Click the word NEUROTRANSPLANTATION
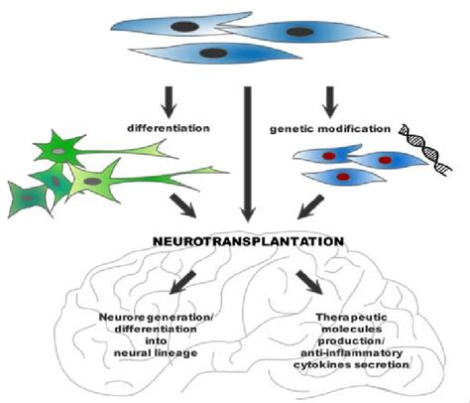pyautogui.click(x=249, y=241)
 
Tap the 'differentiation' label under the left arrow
pyautogui.click(x=169, y=128)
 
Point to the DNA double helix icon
pyautogui.click(x=424, y=148)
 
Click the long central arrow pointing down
pyautogui.click(x=247, y=154)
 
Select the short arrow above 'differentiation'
pyautogui.click(x=169, y=102)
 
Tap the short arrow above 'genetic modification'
pyautogui.click(x=329, y=102)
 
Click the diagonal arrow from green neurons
pyautogui.click(x=183, y=205)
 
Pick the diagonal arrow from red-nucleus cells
pyautogui.click(x=310, y=207)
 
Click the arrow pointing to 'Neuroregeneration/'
pyautogui.click(x=182, y=282)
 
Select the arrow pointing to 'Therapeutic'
pyautogui.click(x=309, y=282)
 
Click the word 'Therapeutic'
pyautogui.click(x=351, y=318)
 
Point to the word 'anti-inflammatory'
pyautogui.click(x=351, y=353)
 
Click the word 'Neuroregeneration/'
pyautogui.click(x=155, y=318)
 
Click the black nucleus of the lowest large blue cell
pyautogui.click(x=214, y=53)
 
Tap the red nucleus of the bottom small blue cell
pyautogui.click(x=343, y=177)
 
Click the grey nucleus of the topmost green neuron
pyautogui.click(x=59, y=151)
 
